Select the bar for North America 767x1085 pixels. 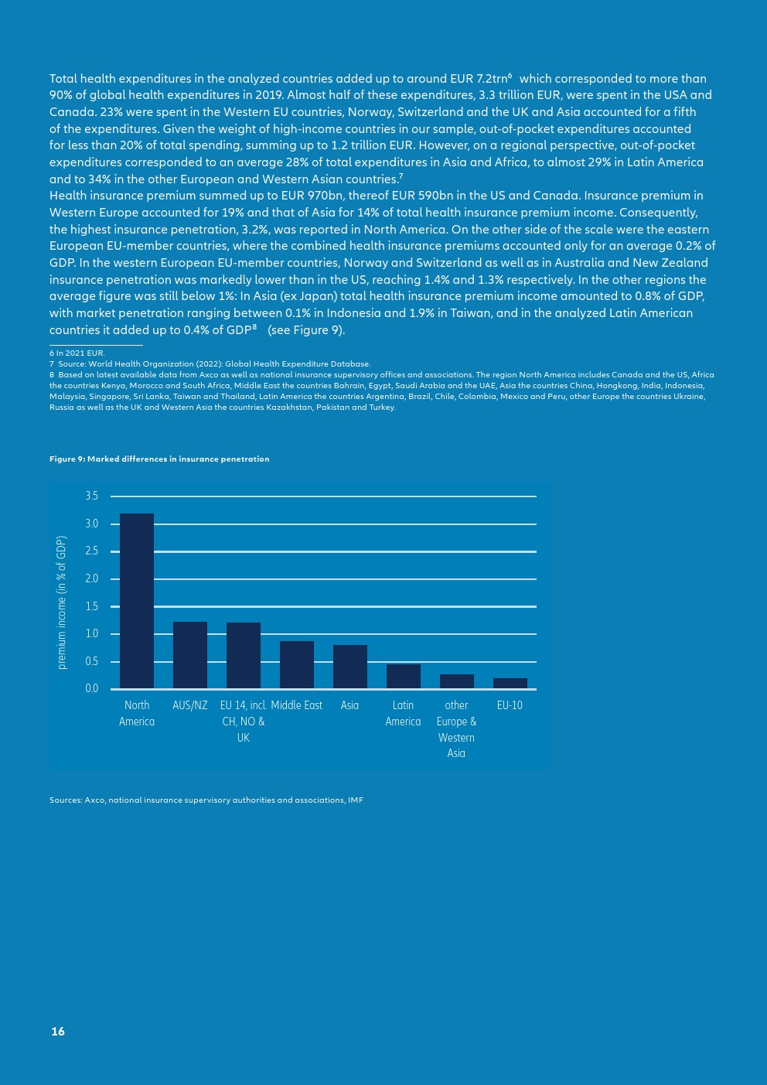[x=137, y=601]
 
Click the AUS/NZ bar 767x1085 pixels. [x=190, y=655]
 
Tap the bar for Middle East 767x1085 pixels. [x=297, y=664]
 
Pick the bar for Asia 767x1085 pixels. [x=350, y=667]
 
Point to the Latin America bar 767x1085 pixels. [x=404, y=676]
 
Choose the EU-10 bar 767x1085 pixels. [x=510, y=683]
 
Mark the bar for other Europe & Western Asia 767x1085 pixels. [x=457, y=681]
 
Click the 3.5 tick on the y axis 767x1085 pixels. [x=92, y=496]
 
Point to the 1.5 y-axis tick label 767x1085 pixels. [x=92, y=606]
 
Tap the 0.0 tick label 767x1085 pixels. [x=92, y=688]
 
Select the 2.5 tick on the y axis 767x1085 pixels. [x=92, y=551]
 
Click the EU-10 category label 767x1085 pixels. [x=510, y=705]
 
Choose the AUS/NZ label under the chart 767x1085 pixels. [x=190, y=705]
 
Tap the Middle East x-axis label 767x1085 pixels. [x=297, y=705]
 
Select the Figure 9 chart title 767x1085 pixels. [x=159, y=459]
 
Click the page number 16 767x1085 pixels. [x=58, y=1032]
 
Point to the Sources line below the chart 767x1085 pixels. [x=206, y=800]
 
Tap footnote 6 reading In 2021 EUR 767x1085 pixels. [x=77, y=353]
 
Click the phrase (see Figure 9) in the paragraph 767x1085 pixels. [x=306, y=330]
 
